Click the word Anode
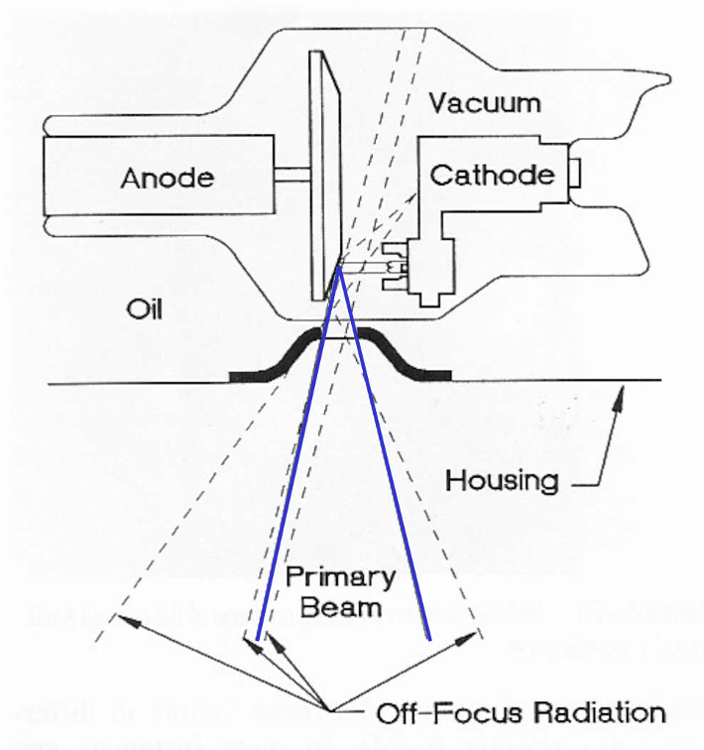(x=167, y=178)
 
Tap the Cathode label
(x=492, y=176)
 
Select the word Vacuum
(x=486, y=102)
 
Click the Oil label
(x=145, y=310)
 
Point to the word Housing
(x=502, y=481)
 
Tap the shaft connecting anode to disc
(x=292, y=176)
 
